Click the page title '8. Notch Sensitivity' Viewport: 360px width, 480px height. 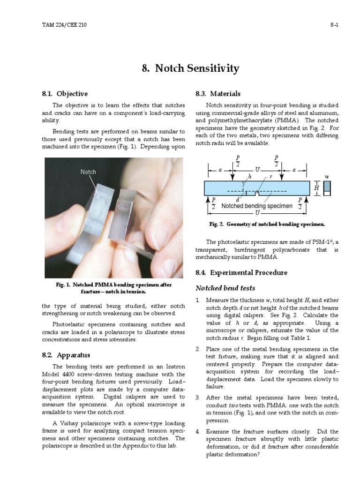190,68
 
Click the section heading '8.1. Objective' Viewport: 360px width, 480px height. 65,94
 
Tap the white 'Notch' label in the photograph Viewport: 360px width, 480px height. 88,172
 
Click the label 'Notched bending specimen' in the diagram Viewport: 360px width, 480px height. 257,206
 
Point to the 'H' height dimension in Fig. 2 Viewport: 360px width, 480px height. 316,187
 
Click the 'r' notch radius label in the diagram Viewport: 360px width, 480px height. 270,177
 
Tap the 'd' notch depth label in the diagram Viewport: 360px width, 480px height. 238,200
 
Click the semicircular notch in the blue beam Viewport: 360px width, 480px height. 256,193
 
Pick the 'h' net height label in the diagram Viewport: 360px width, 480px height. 250,177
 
